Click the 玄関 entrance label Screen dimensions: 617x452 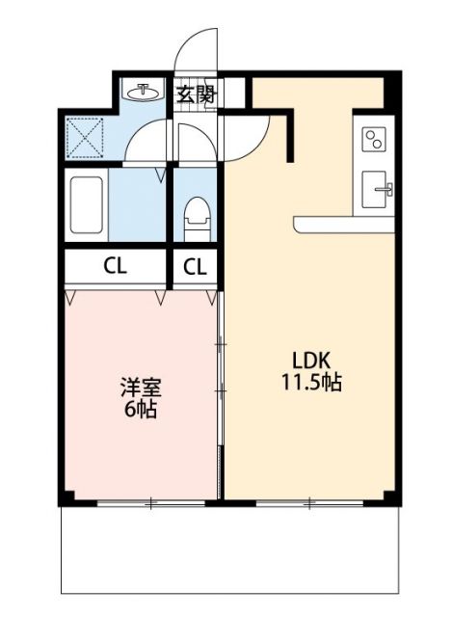(197, 94)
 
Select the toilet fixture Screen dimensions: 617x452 (196, 216)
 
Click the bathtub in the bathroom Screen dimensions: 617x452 (87, 205)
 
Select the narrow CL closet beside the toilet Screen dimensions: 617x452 (195, 267)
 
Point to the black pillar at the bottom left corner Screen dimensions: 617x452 (66, 496)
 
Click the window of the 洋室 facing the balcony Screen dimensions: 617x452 (151, 501)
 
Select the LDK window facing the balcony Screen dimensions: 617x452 (308, 501)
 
